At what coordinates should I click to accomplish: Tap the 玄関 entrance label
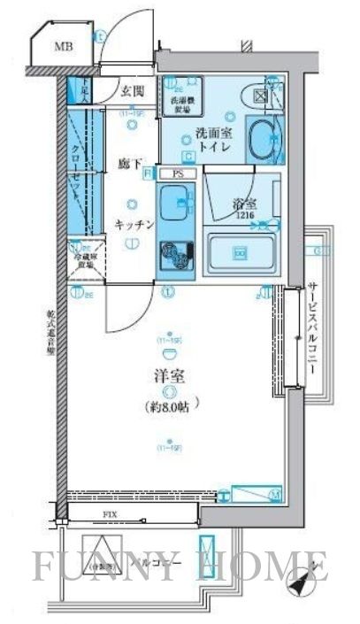[134, 90]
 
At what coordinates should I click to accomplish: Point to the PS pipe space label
[178, 174]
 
